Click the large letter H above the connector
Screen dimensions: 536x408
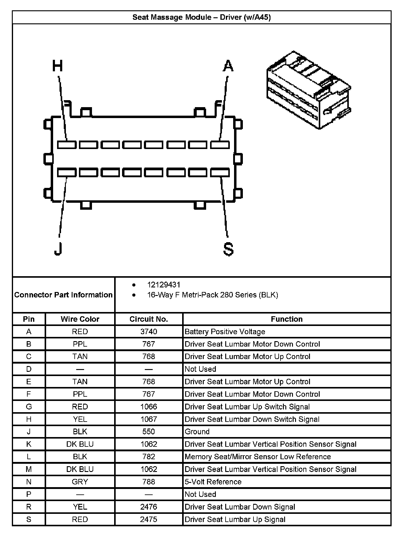coord(57,66)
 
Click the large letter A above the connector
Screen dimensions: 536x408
coord(228,66)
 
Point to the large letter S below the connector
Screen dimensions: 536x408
coord(228,249)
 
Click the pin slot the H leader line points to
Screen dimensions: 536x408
coord(67,145)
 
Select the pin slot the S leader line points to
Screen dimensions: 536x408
coord(220,173)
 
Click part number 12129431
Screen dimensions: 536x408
coord(164,285)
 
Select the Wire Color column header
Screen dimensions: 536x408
coord(80,319)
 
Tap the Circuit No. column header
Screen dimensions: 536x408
coord(148,319)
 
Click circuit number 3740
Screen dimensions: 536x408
coord(148,331)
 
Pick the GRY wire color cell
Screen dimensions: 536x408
coord(80,482)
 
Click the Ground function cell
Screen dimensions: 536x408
coord(197,432)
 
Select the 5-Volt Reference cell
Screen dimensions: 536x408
coord(213,482)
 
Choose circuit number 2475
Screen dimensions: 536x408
coord(148,519)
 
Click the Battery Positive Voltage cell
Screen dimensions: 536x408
coord(225,331)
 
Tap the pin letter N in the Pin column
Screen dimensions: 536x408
coord(29,482)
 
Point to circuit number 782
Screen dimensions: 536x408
coord(148,457)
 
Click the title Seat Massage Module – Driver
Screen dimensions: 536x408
coord(202,17)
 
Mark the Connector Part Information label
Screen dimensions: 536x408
coord(63,295)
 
